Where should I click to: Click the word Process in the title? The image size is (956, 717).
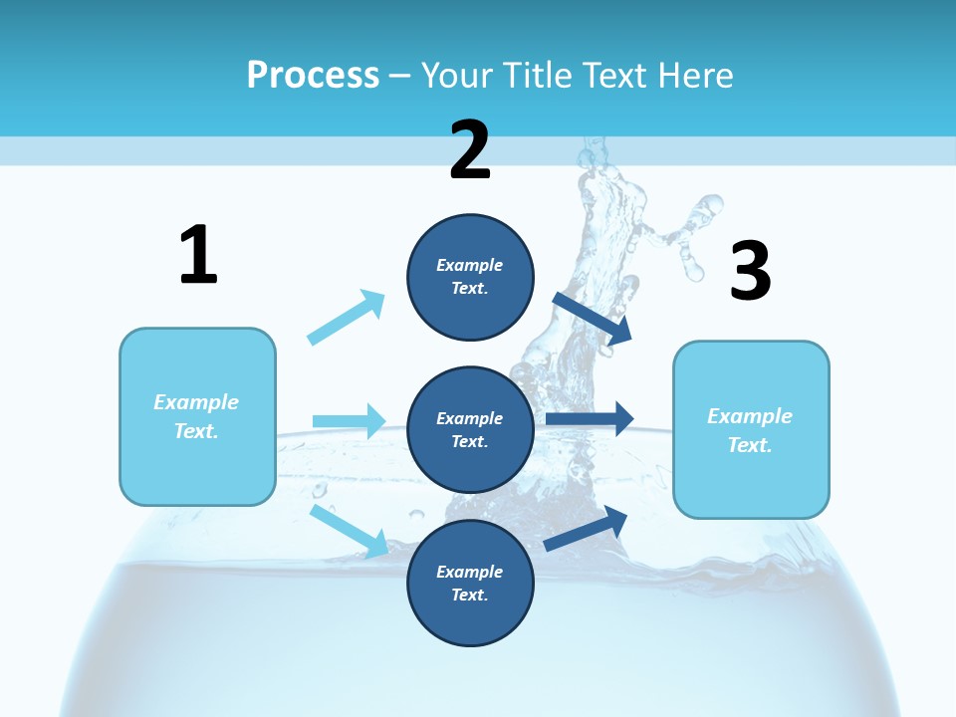313,75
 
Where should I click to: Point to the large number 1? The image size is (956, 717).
198,255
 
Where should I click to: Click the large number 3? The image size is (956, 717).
750,272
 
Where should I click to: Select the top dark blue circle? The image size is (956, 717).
470,277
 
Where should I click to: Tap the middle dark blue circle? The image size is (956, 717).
470,429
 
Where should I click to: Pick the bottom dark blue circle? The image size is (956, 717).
470,583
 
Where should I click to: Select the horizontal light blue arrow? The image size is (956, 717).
349,421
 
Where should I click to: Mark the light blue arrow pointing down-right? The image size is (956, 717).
349,530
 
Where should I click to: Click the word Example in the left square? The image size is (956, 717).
196,402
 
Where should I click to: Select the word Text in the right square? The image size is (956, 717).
749,445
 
